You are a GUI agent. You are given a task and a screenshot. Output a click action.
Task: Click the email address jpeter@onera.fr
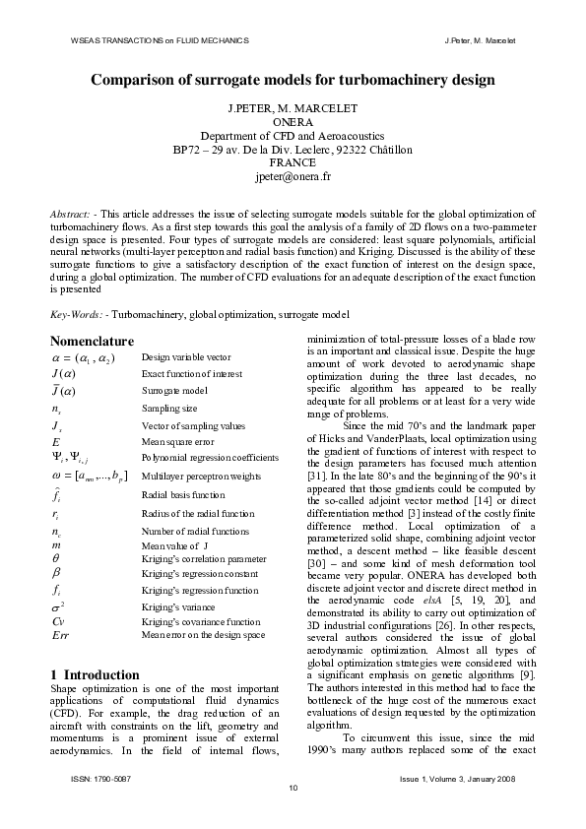[293, 178]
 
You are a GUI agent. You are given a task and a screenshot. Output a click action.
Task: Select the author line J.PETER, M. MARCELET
[293, 106]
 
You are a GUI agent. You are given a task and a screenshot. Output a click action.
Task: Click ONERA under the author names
[293, 121]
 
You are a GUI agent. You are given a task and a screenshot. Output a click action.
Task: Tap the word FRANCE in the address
[293, 163]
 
